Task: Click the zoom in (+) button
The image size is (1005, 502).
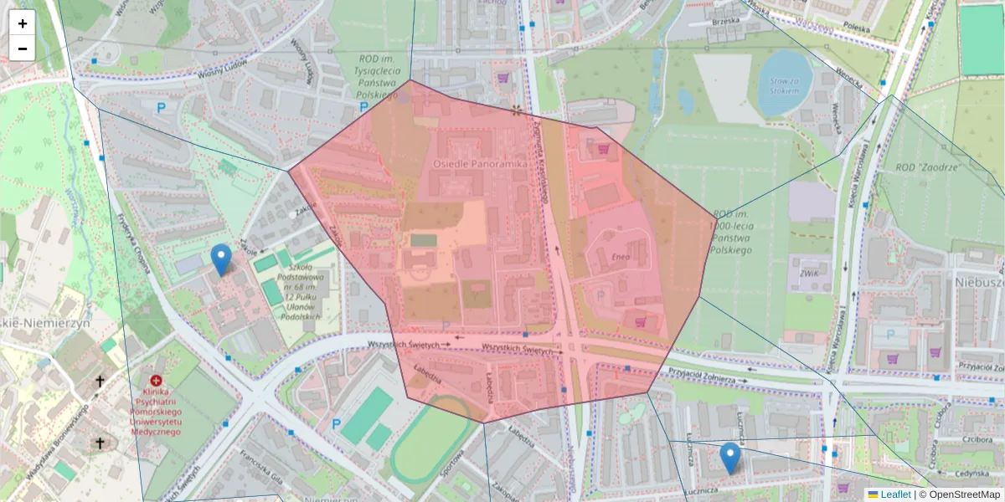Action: (x=23, y=23)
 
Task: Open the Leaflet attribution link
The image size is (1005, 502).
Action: (x=894, y=494)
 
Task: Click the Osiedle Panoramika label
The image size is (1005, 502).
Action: (x=480, y=164)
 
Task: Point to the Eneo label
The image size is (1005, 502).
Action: (x=621, y=257)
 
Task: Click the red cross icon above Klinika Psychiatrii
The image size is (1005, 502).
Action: (x=157, y=380)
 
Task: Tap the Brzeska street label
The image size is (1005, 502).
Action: (x=725, y=20)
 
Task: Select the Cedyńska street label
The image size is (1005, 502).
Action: (x=971, y=473)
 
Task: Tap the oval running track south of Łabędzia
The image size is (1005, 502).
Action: (x=430, y=440)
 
